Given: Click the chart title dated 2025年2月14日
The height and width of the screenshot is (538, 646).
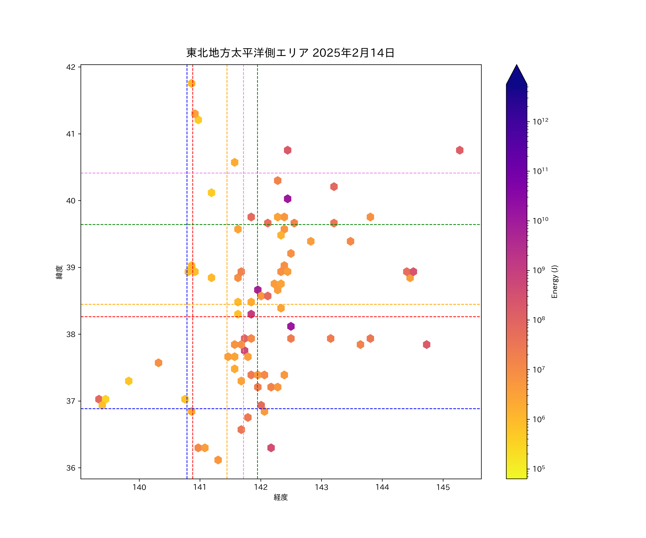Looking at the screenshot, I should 290,53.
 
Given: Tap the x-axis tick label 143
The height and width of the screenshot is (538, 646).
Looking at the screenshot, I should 321,487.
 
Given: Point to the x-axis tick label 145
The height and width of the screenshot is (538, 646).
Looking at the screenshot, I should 443,487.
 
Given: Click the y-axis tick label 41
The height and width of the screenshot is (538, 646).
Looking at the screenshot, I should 71,134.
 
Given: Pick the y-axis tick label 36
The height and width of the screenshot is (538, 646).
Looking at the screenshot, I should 71,468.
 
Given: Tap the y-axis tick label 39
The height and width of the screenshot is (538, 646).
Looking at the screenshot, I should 71,267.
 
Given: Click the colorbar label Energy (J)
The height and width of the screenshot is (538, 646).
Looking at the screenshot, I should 554,282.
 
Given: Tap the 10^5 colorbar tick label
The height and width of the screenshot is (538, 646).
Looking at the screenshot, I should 539,469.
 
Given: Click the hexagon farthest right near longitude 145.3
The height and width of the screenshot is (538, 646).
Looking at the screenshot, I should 460,150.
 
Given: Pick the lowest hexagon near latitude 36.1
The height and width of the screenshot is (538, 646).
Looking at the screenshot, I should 218,460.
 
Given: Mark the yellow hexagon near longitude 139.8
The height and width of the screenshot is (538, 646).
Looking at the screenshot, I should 129,381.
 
